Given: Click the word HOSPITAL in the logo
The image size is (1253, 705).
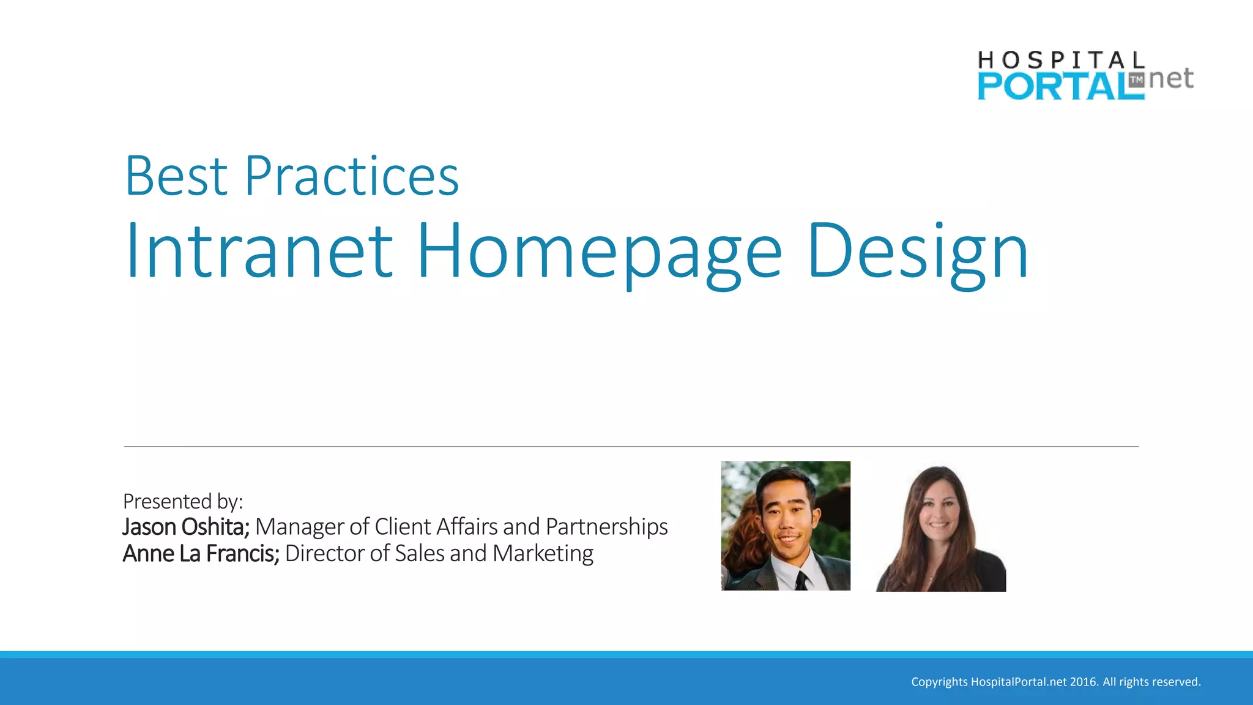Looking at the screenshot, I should tap(1060, 60).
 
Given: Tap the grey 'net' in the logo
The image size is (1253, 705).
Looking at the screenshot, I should tap(1171, 78).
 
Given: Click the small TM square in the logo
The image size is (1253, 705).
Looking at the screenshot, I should tap(1136, 80).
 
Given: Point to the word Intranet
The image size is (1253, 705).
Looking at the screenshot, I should tap(259, 251).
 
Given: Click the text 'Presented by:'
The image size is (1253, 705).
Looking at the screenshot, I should tap(183, 501).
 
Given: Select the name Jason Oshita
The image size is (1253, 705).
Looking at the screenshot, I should tap(185, 527).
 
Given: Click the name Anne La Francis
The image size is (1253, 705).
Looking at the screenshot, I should tap(201, 553).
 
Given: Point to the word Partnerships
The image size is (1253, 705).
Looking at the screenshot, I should tap(606, 527).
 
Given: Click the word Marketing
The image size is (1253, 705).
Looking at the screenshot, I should tap(543, 553).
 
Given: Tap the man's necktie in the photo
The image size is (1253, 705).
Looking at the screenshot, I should tap(800, 579).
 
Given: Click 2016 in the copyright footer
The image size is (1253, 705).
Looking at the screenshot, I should tap(1083, 682).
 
